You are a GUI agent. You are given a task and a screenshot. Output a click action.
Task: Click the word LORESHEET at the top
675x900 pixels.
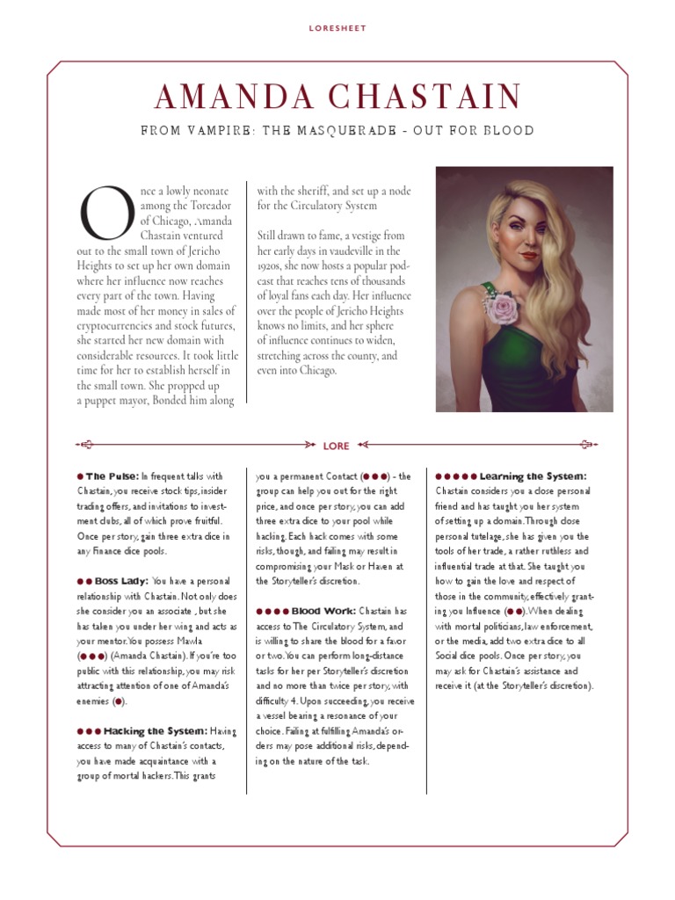click(337, 28)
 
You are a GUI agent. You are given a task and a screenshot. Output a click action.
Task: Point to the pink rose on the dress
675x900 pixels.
click(508, 307)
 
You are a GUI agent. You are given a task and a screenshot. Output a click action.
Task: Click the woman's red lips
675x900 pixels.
click(528, 256)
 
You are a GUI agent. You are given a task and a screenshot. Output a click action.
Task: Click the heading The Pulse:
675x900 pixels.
click(112, 475)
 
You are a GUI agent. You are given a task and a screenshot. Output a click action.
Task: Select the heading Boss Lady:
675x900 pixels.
click(119, 581)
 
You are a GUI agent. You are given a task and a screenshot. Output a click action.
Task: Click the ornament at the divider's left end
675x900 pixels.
click(84, 446)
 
